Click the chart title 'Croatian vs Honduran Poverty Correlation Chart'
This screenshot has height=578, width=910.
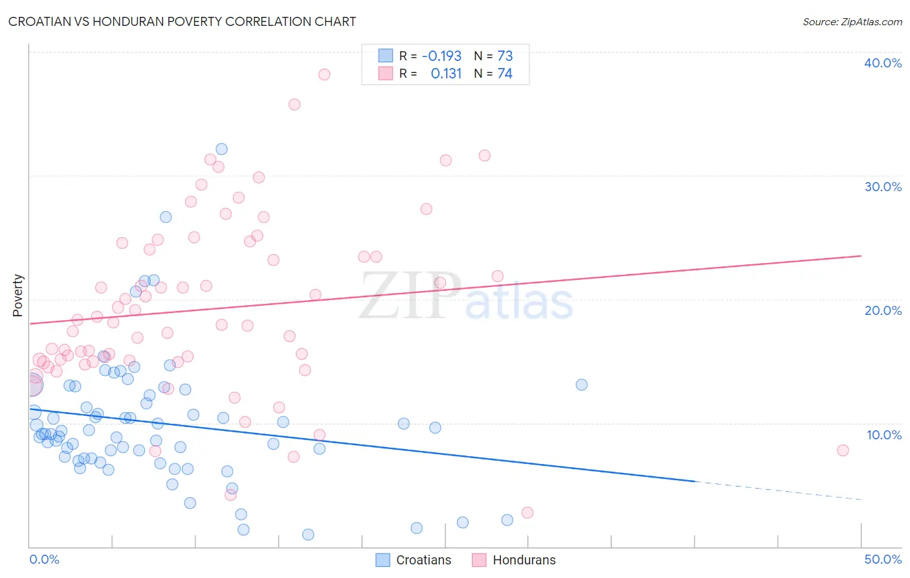tap(182, 21)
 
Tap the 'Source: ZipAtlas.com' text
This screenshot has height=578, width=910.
tap(852, 21)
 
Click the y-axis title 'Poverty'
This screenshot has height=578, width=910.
tap(17, 295)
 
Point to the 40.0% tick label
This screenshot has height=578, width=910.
tap(883, 63)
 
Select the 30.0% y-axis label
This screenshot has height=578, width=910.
tap(883, 187)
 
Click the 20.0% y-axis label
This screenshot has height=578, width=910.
tap(883, 310)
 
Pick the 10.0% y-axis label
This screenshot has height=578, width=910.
tap(884, 435)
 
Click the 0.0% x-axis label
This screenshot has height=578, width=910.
tap(44, 559)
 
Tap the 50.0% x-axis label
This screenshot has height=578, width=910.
tap(883, 559)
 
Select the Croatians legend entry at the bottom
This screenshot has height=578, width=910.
tap(414, 560)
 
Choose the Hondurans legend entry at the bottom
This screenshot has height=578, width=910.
tap(515, 560)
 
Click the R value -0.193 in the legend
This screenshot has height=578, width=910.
tap(441, 56)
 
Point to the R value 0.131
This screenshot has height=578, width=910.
tap(446, 73)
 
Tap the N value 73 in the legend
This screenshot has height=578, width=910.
tap(505, 56)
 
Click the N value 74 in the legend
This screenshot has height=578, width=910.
tap(505, 73)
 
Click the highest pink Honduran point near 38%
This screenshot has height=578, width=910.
tap(324, 75)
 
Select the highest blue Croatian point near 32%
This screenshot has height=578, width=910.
tap(221, 149)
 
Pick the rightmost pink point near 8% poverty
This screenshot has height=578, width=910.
tap(843, 450)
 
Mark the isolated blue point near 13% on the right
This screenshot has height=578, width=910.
tap(582, 385)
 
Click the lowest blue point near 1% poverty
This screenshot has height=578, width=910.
tap(308, 535)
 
